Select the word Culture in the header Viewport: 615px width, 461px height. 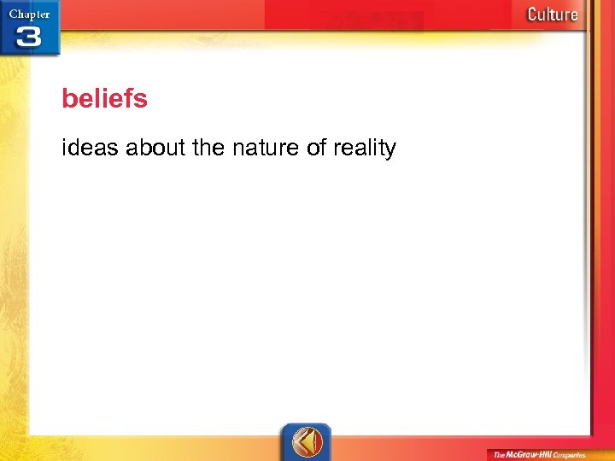point(552,14)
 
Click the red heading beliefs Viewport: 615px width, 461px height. point(104,99)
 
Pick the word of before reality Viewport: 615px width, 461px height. point(316,149)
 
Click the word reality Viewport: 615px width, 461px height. point(364,149)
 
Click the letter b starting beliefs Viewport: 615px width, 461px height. point(68,99)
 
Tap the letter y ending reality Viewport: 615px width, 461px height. point(391,151)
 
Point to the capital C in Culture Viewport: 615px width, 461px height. point(532,14)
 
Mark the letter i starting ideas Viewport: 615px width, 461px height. point(64,149)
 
